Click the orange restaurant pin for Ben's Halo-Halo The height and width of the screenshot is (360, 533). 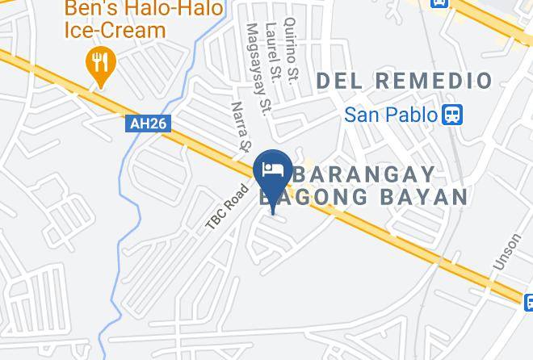point(101,63)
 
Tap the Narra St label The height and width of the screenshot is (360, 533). point(241,127)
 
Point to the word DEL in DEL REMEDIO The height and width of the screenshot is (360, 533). point(339,81)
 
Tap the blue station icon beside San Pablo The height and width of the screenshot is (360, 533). point(453,115)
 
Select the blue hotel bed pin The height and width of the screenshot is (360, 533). point(273,170)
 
